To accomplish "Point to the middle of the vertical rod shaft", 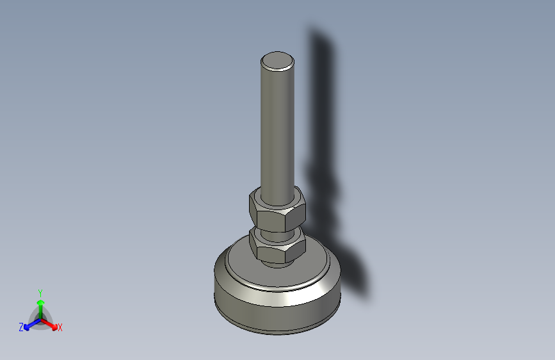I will click(x=278, y=128).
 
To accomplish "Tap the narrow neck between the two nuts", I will click(x=277, y=231).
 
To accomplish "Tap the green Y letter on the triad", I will click(x=40, y=293).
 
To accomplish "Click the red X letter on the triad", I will click(x=60, y=328).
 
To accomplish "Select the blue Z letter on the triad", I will click(x=21, y=327).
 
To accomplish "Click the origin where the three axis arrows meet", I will click(x=40, y=318).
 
